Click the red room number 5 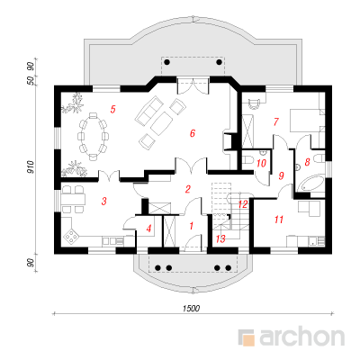(112, 109)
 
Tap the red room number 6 (193, 133)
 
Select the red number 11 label (279, 220)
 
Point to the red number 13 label (220, 239)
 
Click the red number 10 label (261, 164)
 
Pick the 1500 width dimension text (192, 309)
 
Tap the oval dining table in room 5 (93, 136)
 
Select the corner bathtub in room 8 (310, 184)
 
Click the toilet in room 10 (247, 160)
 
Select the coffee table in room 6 (162, 123)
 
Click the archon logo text (301, 337)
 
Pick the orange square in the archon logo (248, 340)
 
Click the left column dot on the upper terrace (167, 62)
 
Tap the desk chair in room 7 (255, 103)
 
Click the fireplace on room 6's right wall (228, 141)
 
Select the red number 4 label (148, 229)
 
